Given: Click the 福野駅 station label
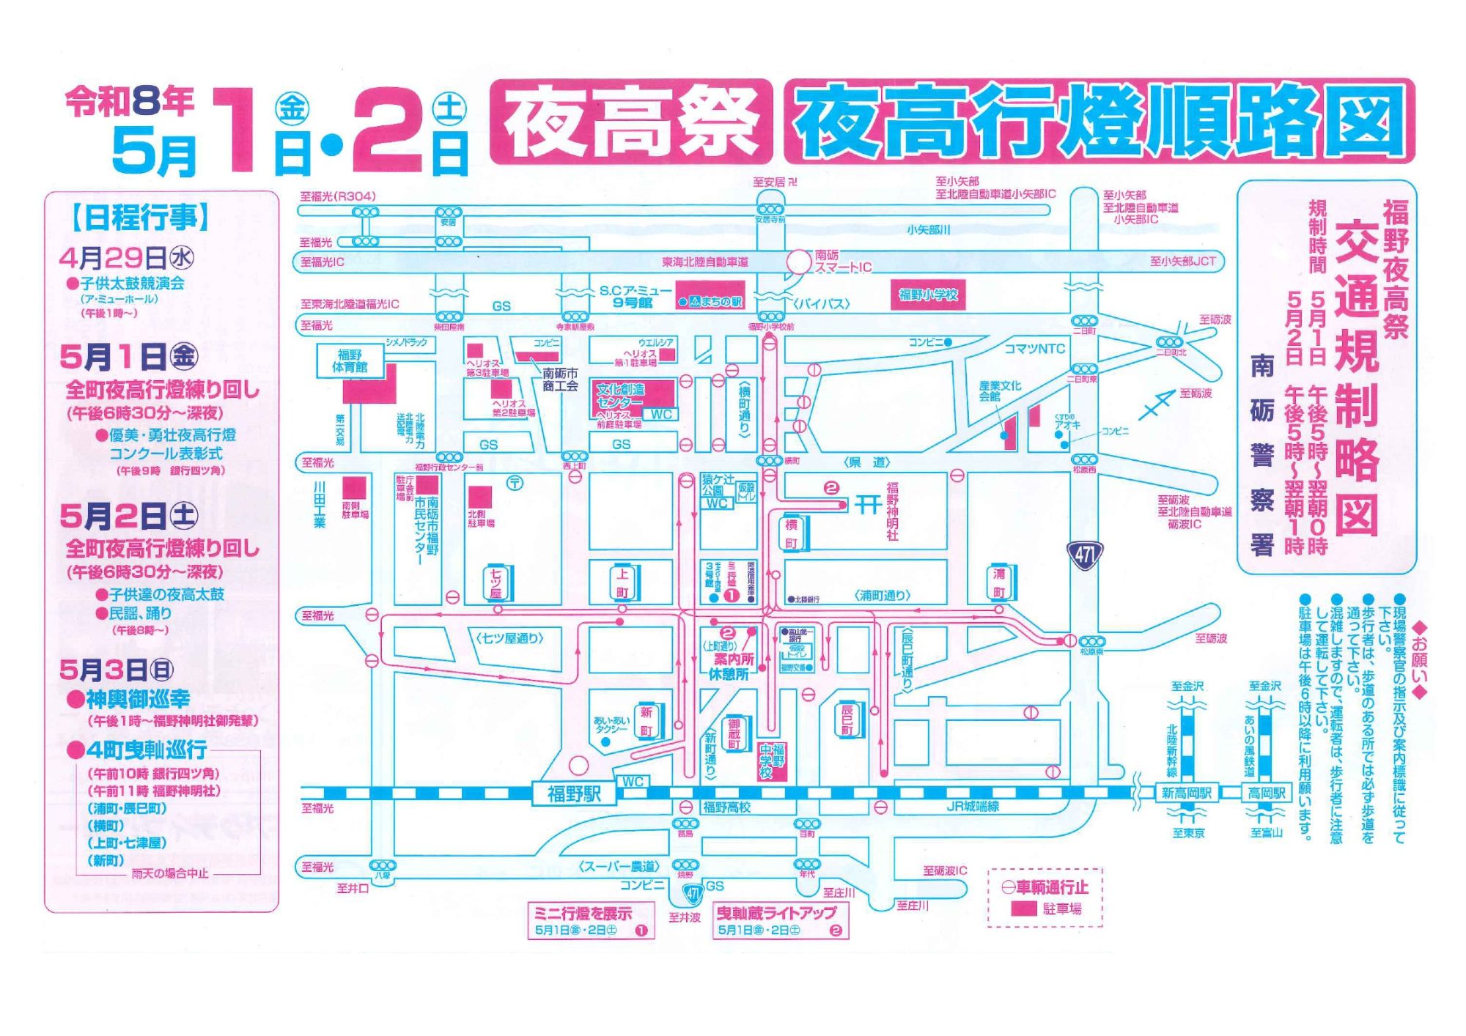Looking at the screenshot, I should (x=574, y=794).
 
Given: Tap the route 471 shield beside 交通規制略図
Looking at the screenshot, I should (x=1085, y=556).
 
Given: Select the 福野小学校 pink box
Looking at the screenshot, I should (x=928, y=295).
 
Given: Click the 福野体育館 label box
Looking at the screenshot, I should (x=350, y=360).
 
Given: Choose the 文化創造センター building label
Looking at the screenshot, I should (x=620, y=396).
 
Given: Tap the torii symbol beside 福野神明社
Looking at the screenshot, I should (x=869, y=505).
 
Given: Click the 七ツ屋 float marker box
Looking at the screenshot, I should (x=496, y=583).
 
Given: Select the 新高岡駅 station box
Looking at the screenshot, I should (x=1187, y=793).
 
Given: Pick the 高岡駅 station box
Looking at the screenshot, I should (x=1267, y=793).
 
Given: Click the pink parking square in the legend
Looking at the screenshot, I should (x=1023, y=909).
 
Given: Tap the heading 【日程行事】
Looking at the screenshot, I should (x=141, y=218).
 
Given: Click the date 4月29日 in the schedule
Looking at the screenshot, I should (x=114, y=258).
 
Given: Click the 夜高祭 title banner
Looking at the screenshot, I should (x=631, y=122).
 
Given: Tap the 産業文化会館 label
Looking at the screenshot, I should (x=999, y=391).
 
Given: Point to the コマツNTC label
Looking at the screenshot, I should (x=1034, y=349).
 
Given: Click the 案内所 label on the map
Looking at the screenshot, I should (x=734, y=659).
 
